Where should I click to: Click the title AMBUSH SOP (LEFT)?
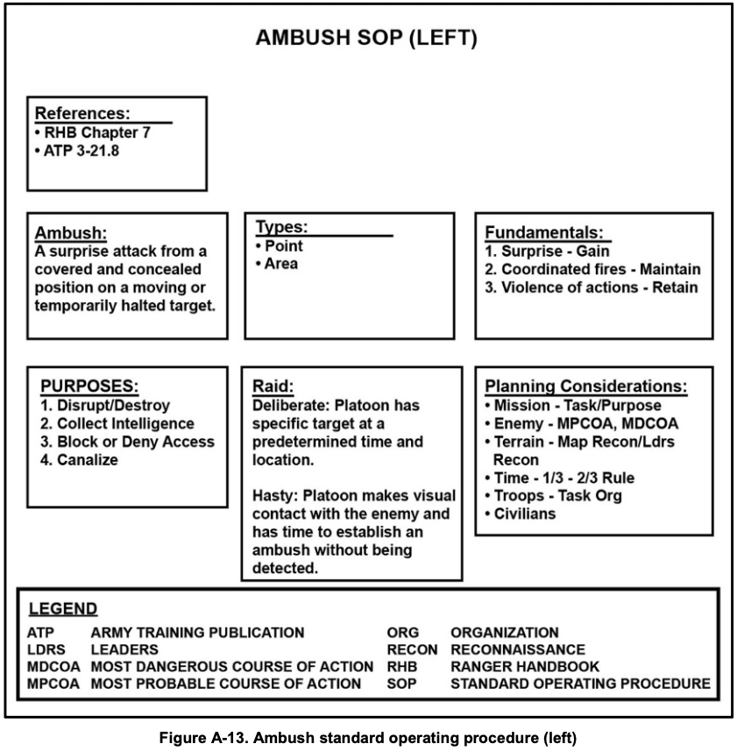(366, 39)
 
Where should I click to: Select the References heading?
(82, 113)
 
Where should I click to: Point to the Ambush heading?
(71, 233)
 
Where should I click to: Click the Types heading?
(281, 227)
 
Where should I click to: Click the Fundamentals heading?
(544, 232)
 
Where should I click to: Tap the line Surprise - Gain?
(547, 251)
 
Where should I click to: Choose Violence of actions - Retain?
(592, 287)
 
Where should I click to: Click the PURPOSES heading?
(90, 386)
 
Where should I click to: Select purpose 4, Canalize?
(81, 459)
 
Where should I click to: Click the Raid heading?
(272, 386)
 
